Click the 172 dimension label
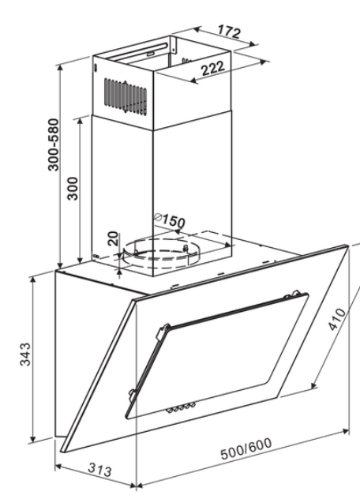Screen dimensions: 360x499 tap(229, 32)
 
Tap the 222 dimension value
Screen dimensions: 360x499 tap(213, 68)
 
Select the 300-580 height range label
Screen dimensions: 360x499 tap(54, 144)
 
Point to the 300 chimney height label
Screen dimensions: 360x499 tap(73, 189)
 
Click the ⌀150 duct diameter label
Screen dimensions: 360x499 tap(169, 220)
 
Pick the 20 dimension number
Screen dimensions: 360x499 tap(113, 238)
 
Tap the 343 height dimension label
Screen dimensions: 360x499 tap(25, 355)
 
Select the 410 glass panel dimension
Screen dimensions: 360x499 tap(337, 319)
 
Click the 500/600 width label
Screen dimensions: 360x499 tap(246, 448)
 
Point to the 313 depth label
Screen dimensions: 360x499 tap(99, 470)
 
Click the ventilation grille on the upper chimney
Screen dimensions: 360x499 tap(126, 96)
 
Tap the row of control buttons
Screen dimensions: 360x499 tap(181, 407)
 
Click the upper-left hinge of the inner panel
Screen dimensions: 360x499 tap(163, 332)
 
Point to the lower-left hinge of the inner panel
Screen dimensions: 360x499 tap(132, 393)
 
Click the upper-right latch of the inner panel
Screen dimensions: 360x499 tap(295, 293)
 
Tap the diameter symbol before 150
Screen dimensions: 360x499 tap(158, 217)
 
